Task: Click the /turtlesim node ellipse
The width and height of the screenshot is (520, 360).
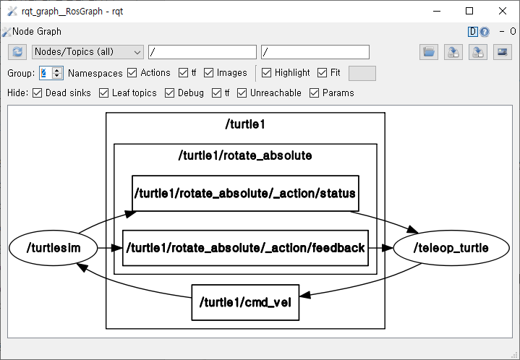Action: coord(53,248)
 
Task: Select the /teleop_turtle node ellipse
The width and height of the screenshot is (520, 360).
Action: coord(451,248)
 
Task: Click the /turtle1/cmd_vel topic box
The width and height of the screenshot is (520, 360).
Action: coord(245,302)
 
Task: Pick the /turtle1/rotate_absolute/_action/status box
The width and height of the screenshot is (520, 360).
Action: coord(245,193)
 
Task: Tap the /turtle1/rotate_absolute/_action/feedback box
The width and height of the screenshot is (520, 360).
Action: coord(245,248)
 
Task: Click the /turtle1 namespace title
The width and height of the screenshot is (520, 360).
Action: coord(245,124)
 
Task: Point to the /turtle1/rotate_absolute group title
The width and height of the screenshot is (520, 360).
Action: coord(245,155)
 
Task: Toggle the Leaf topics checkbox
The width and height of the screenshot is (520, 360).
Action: coord(104,93)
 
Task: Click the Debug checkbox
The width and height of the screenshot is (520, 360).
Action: coord(170,93)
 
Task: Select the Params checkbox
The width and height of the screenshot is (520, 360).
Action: coord(315,93)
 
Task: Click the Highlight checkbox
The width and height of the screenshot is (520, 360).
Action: coord(267,73)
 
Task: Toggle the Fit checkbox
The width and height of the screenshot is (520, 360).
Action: coord(322,73)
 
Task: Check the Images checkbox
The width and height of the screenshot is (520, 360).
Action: coord(209,73)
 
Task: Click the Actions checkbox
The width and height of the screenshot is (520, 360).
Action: coord(132,73)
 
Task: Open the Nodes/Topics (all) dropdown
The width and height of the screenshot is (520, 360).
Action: coord(88,52)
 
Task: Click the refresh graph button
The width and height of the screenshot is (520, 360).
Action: coord(17,52)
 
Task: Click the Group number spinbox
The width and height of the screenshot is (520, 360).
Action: coord(46,73)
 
